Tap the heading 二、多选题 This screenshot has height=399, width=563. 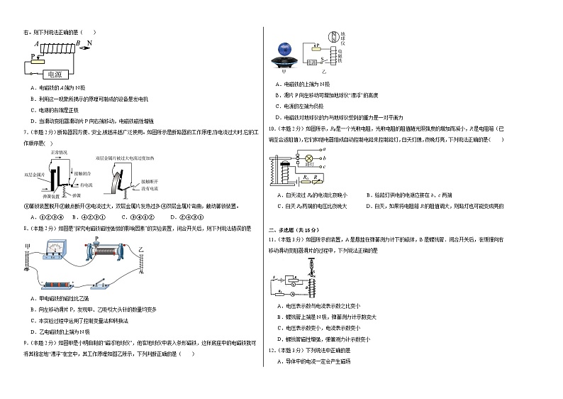pyautogui.click(x=280, y=229)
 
